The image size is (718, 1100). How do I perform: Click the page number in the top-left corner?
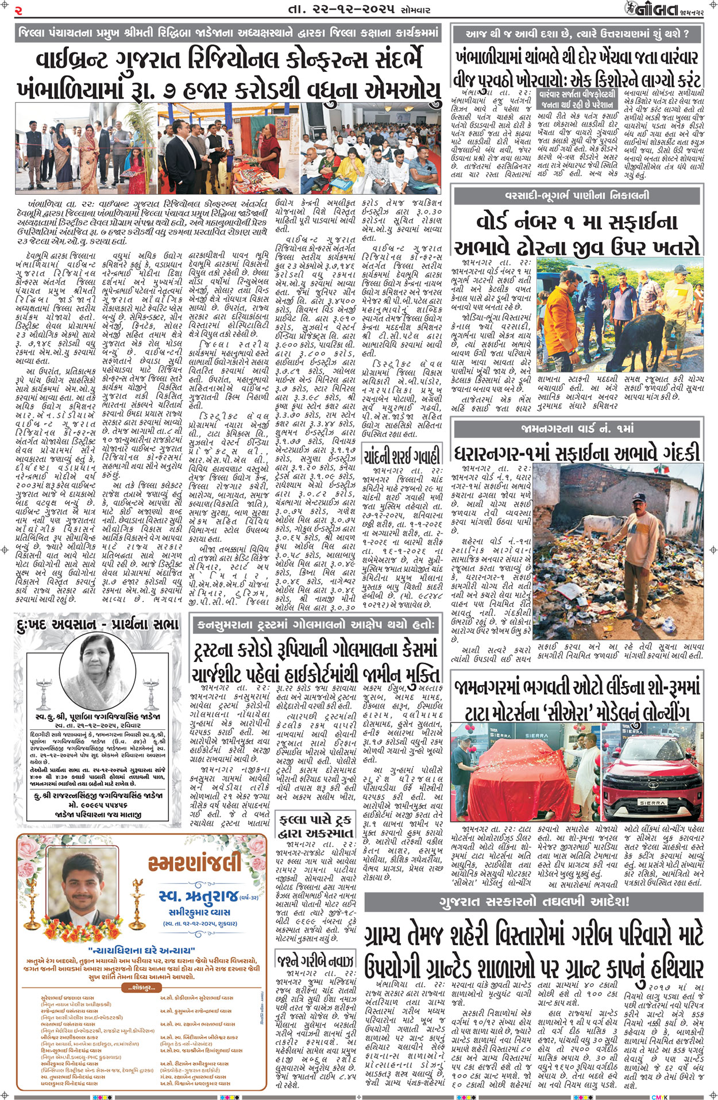[19, 10]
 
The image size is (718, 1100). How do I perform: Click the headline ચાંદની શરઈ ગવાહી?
[402, 456]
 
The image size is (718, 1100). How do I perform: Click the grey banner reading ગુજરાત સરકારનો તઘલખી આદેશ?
[534, 901]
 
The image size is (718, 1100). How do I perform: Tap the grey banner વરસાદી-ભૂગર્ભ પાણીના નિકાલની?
[577, 196]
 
